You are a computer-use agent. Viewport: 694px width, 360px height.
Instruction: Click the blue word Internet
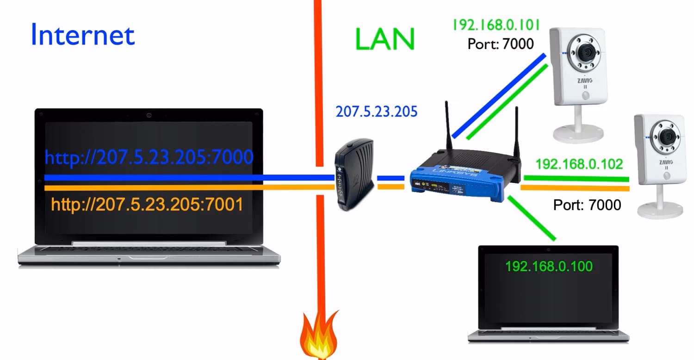point(83,35)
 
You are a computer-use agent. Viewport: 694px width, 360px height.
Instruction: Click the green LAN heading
point(385,38)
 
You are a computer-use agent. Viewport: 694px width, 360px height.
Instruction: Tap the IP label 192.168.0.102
point(579,164)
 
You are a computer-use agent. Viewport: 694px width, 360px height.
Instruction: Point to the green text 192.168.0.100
point(549,266)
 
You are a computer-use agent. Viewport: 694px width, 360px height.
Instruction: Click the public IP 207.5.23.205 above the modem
point(377,112)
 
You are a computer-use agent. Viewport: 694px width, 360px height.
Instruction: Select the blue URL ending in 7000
point(149,157)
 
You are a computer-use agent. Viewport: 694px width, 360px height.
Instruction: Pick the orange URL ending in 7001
point(147,205)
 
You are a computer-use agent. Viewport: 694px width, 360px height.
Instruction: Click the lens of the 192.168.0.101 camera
point(585,52)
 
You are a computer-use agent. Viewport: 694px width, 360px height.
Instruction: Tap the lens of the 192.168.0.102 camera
point(666,137)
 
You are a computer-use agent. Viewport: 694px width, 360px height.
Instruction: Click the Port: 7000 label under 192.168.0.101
point(500,44)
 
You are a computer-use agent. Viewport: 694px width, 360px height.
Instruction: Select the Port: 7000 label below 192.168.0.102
point(587,205)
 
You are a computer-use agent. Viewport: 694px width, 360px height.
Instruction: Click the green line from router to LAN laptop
point(532,218)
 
